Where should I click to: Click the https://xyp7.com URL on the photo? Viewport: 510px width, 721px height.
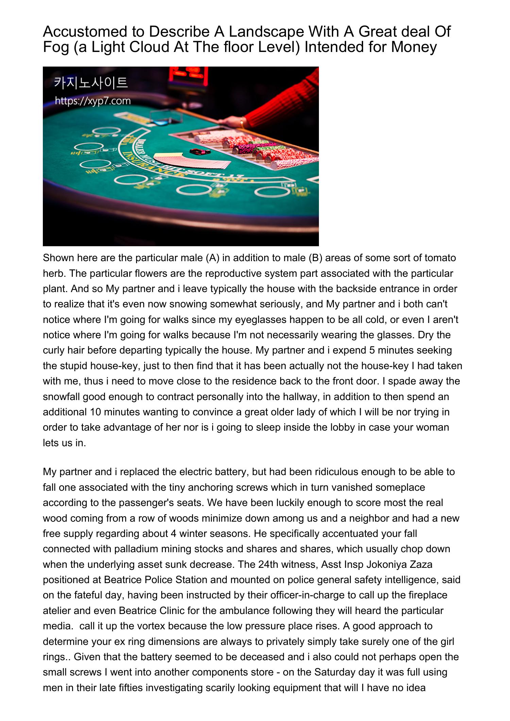[93, 101]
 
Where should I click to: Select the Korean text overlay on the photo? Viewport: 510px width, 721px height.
[91, 83]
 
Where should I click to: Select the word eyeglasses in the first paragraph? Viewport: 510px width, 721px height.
[267, 320]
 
